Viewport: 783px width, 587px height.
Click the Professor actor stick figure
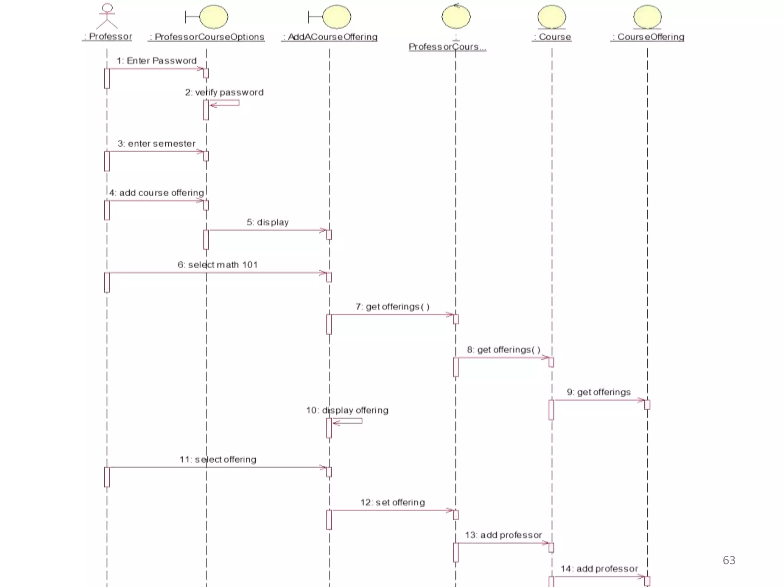(107, 16)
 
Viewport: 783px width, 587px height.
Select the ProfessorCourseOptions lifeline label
(206, 37)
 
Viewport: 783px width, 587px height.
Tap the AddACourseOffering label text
(330, 37)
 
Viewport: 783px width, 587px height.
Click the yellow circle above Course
(552, 17)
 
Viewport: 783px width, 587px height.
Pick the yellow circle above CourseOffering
(647, 17)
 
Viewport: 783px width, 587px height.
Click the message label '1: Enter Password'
(157, 61)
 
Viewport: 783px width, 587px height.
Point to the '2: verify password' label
(224, 92)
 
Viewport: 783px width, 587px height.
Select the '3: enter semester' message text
(156, 144)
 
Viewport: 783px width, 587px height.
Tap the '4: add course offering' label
(157, 193)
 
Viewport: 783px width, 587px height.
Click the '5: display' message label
(268, 222)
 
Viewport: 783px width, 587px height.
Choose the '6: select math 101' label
(218, 265)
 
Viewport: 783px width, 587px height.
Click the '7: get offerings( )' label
(393, 307)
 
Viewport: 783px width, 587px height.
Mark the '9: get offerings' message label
(599, 392)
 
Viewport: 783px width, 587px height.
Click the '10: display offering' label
(347, 410)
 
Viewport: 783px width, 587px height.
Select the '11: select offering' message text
(218, 459)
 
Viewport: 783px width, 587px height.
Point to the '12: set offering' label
(393, 503)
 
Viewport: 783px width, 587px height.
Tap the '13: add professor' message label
(504, 535)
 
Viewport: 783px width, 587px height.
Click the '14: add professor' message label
(599, 569)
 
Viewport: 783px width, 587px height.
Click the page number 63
(729, 560)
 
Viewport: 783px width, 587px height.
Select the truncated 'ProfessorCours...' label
(447, 47)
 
